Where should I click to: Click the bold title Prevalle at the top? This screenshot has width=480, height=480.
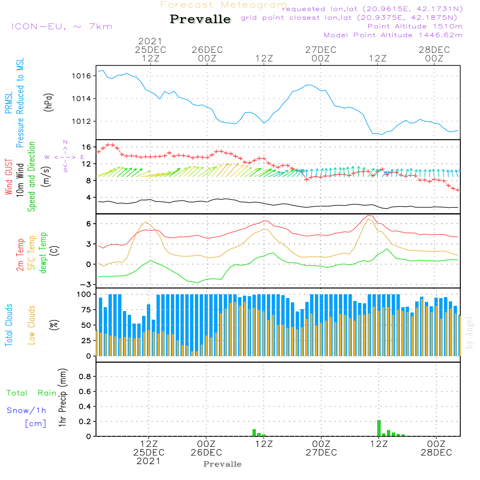click(200, 20)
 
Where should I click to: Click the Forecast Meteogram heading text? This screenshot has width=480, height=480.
click(224, 5)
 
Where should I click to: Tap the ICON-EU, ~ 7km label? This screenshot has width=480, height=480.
click(61, 26)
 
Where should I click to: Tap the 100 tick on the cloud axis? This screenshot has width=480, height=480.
click(84, 294)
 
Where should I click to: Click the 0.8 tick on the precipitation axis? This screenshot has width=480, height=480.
click(85, 376)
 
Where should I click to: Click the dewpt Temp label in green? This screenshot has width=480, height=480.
click(43, 253)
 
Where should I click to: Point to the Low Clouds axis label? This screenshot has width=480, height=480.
click(32, 325)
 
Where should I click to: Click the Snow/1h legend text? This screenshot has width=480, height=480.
click(27, 410)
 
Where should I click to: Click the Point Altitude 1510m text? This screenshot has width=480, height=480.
click(415, 26)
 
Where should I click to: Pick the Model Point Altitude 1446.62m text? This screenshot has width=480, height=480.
click(393, 35)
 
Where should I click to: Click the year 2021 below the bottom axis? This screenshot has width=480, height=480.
click(148, 461)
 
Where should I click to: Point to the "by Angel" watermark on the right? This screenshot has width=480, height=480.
click(469, 333)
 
